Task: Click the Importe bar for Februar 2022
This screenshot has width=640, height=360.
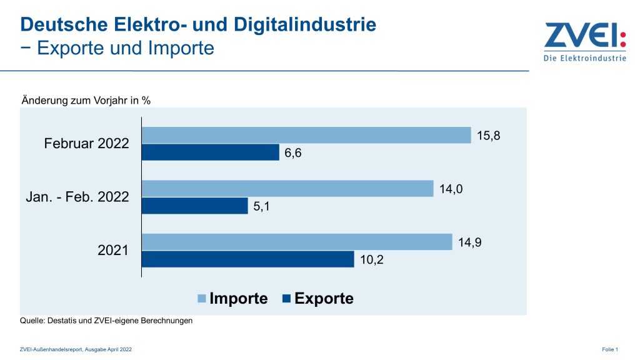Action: [306, 135]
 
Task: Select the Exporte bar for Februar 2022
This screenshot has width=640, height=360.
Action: [211, 152]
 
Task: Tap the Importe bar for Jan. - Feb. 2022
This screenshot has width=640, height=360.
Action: [287, 188]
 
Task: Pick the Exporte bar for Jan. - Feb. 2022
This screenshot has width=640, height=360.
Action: [195, 206]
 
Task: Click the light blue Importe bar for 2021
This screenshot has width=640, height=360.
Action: [297, 242]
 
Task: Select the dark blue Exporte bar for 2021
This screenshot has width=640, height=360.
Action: [248, 259]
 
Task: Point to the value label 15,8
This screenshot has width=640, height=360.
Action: [489, 134]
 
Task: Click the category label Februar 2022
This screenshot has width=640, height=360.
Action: [86, 144]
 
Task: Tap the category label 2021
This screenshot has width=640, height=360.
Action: [113, 251]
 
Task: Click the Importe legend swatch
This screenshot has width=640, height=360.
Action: [202, 299]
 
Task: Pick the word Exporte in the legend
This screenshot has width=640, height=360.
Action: [324, 299]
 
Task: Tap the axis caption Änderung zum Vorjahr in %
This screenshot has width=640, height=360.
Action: [86, 100]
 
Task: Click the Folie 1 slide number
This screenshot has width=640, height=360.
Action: [611, 349]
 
